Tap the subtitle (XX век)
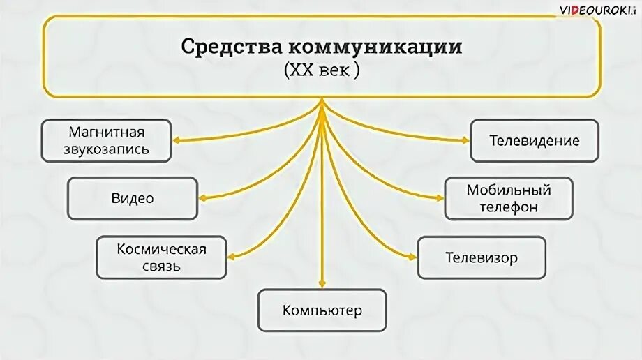[322, 70]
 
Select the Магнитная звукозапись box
[106, 140]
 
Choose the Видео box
[132, 198]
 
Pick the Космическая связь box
[161, 257]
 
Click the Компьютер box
[322, 310]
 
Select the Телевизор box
[481, 257]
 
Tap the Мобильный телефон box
[509, 198]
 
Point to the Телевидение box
[534, 140]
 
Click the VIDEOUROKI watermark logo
[597, 10]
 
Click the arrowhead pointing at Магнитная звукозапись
[176, 140]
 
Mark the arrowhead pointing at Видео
[202, 198]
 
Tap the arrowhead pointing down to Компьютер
[322, 284]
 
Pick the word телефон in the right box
[509, 207]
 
